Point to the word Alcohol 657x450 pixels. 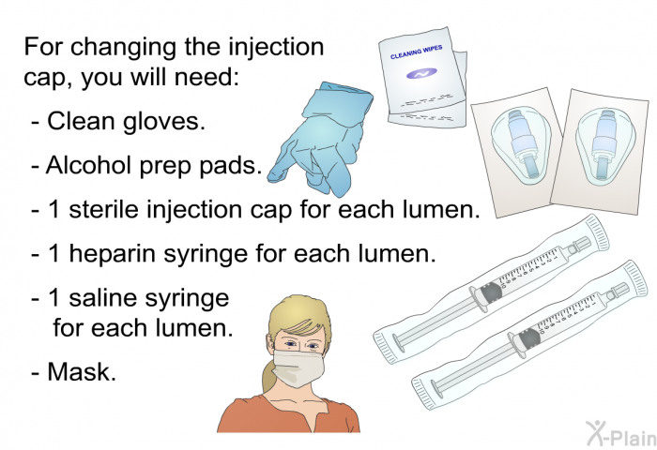click(88, 167)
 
